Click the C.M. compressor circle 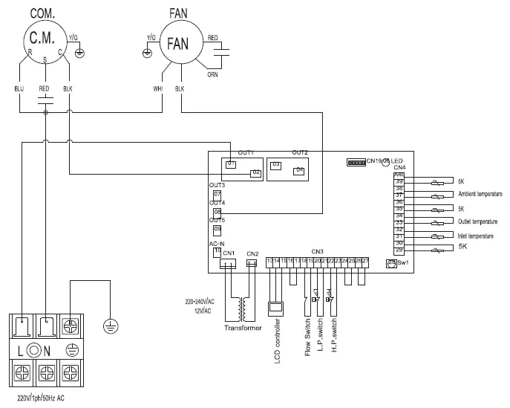[45, 41]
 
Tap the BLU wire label [19, 88]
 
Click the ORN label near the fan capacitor [212, 74]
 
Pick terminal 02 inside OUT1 [255, 172]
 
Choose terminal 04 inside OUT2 [299, 170]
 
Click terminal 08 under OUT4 [217, 212]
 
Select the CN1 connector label [229, 253]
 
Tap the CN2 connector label [252, 253]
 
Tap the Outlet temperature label [477, 221]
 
